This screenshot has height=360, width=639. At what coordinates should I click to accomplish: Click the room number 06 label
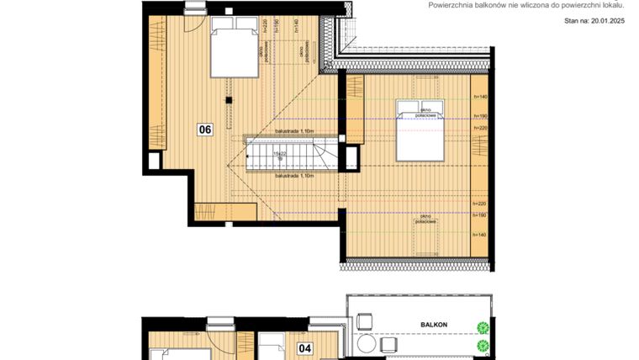204,130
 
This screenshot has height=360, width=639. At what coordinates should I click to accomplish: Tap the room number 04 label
305,347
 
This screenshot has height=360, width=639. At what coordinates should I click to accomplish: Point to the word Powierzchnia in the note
453,4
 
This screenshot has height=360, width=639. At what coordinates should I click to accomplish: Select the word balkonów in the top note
500,4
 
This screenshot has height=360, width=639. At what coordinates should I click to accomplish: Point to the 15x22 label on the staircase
279,154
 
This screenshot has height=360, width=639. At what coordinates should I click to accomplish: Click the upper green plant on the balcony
483,328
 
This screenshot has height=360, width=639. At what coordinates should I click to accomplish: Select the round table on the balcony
366,345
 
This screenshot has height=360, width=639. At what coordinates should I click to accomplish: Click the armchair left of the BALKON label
365,321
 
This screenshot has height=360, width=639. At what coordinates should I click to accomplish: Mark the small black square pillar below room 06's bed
226,101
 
